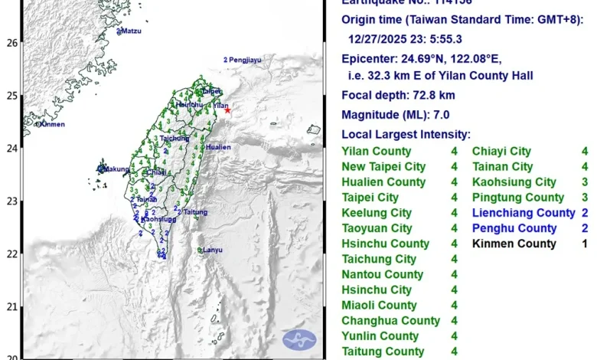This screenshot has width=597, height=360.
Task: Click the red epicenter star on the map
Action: click(227, 110)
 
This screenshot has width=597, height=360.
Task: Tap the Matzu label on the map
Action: click(131, 31)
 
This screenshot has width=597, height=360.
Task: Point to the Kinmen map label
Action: click(52, 124)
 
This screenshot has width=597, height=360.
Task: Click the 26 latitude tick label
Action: click(11, 43)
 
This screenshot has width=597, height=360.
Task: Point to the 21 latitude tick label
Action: click(11, 306)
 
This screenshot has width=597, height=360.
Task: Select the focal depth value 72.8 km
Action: click(439, 96)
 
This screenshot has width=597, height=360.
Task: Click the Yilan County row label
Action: click(376, 152)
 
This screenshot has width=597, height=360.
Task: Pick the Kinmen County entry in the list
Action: click(514, 244)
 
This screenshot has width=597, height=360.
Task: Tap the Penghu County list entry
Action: click(514, 228)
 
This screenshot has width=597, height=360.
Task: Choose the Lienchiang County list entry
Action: click(524, 213)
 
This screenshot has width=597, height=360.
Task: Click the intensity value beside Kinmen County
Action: click(585, 244)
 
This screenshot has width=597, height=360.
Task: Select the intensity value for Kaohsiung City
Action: click(585, 182)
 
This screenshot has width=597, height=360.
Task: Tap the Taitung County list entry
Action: click(383, 352)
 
